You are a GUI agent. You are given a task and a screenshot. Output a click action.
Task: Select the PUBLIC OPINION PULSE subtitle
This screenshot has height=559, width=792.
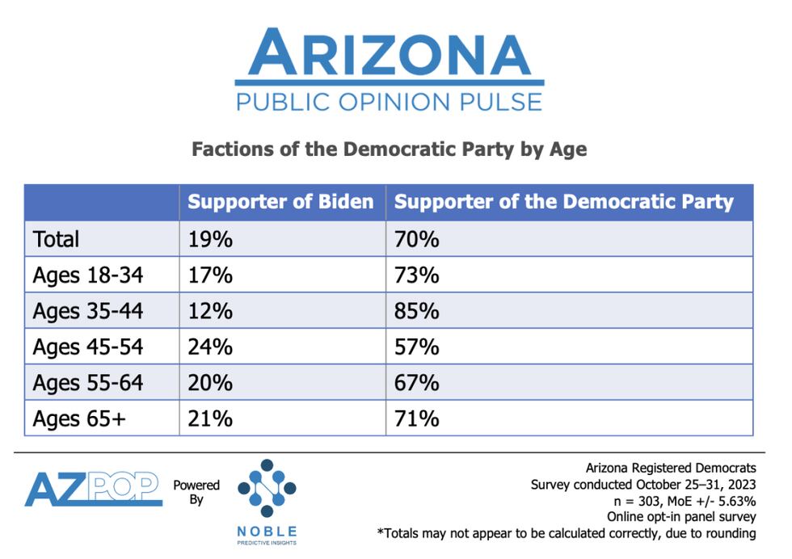(x=389, y=102)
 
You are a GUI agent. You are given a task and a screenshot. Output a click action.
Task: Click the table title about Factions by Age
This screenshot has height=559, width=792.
(x=389, y=149)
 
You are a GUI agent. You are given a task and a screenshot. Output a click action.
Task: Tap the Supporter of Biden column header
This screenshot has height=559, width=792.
(x=280, y=202)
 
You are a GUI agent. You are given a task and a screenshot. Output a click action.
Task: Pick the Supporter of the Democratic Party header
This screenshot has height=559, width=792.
(x=563, y=202)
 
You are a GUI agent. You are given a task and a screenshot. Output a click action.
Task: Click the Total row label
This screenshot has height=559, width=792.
(x=56, y=239)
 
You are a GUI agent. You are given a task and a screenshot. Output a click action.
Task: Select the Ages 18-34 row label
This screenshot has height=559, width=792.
(x=87, y=275)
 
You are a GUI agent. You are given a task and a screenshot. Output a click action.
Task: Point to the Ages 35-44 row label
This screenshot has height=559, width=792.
(x=87, y=311)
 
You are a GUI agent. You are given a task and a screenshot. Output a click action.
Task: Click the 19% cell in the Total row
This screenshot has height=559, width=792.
(x=210, y=239)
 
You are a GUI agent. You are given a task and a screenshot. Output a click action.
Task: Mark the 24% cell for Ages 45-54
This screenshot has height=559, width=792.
(x=210, y=347)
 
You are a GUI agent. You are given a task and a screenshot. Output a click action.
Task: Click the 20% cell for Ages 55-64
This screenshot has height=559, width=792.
(x=210, y=382)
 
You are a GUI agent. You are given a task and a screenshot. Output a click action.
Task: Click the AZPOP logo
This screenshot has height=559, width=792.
(x=93, y=489)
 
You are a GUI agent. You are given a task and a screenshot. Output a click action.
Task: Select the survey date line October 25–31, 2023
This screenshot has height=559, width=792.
(x=643, y=485)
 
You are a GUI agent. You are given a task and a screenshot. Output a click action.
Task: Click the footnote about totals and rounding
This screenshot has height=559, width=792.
(x=566, y=533)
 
